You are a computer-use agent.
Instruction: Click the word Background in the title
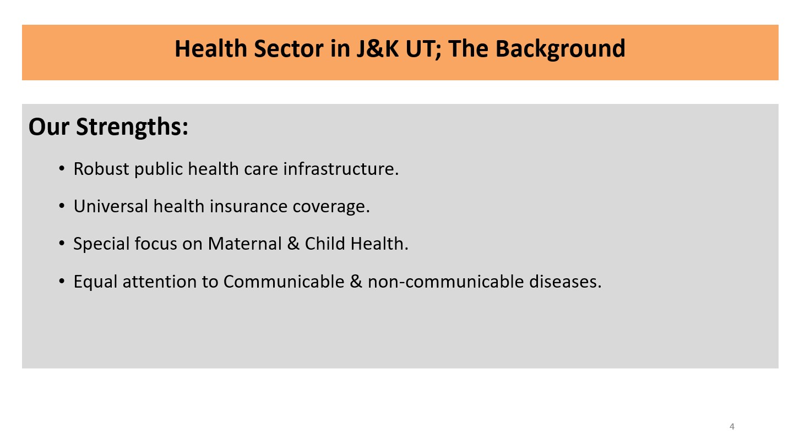560,49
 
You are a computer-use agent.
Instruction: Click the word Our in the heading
48,126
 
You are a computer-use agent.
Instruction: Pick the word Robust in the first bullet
101,169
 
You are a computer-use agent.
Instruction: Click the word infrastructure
341,169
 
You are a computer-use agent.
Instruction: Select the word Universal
111,206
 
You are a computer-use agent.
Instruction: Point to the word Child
325,244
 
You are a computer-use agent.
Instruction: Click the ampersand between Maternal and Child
293,244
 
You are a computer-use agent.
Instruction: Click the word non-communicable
445,282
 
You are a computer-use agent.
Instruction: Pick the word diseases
565,282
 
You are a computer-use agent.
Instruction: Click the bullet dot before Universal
62,206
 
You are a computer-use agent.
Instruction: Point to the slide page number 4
732,427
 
